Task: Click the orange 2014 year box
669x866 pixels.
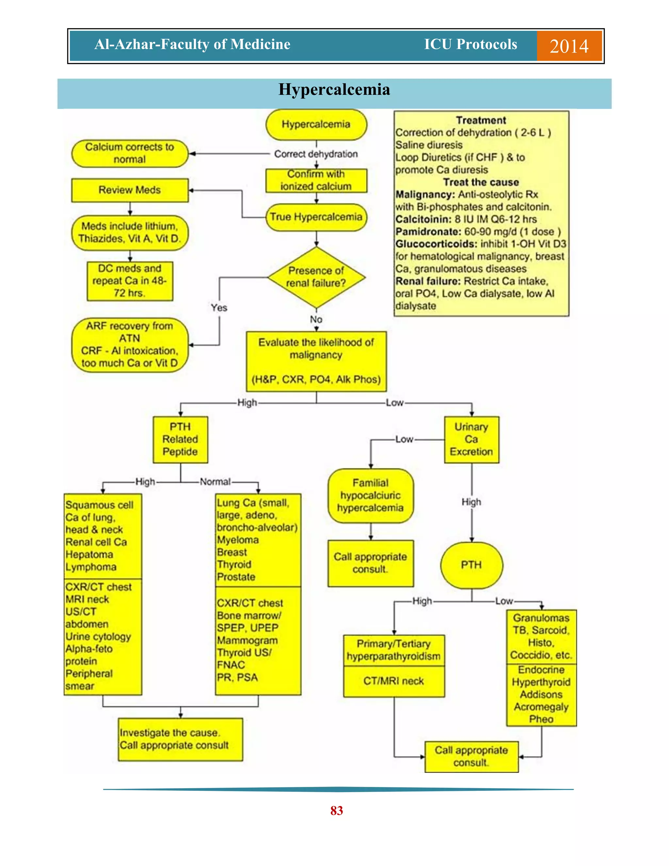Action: click(569, 46)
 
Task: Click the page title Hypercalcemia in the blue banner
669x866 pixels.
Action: click(334, 90)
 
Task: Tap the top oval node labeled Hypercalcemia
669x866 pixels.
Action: click(316, 125)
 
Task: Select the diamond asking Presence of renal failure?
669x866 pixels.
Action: click(316, 277)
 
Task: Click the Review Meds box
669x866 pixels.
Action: click(130, 190)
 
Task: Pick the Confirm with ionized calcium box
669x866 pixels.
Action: click(316, 180)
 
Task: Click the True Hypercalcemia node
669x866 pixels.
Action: click(316, 217)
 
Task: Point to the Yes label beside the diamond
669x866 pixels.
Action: click(219, 308)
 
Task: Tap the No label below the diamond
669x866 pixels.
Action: click(316, 319)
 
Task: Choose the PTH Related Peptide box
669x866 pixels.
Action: click(180, 439)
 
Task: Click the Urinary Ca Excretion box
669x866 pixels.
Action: click(471, 439)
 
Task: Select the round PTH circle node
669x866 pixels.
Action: click(471, 565)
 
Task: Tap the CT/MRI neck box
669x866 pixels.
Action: click(394, 681)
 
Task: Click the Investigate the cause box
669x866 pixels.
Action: click(180, 739)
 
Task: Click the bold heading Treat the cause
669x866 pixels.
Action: click(481, 182)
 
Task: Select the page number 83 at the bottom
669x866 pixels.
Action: click(336, 810)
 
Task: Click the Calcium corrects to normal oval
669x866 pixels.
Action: click(130, 153)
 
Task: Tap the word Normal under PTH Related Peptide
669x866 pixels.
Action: click(215, 482)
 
